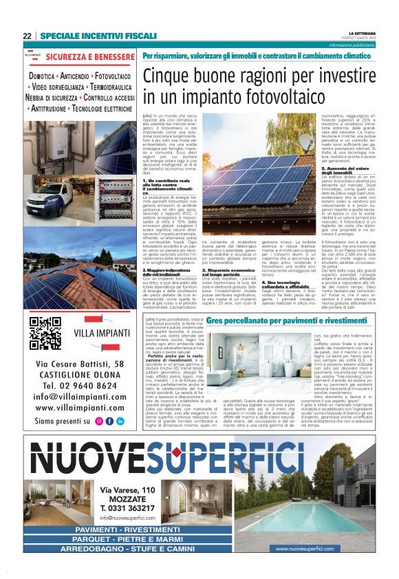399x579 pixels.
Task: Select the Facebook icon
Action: click(110, 421)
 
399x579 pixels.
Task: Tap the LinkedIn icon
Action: click(120, 421)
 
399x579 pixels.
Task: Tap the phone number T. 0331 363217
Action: click(127, 507)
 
